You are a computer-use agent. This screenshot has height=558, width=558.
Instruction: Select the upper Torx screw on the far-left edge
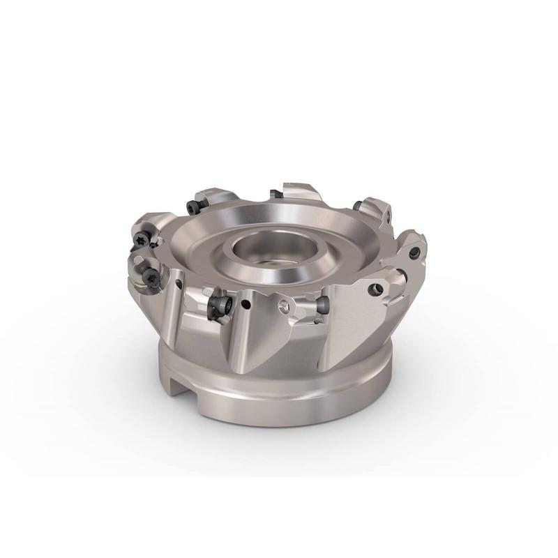point(143,237)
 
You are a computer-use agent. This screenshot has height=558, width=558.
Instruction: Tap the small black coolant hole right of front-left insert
point(247,305)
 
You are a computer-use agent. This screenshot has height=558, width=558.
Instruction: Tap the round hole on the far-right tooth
point(415,249)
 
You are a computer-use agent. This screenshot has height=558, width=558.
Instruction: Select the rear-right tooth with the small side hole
point(373,209)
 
